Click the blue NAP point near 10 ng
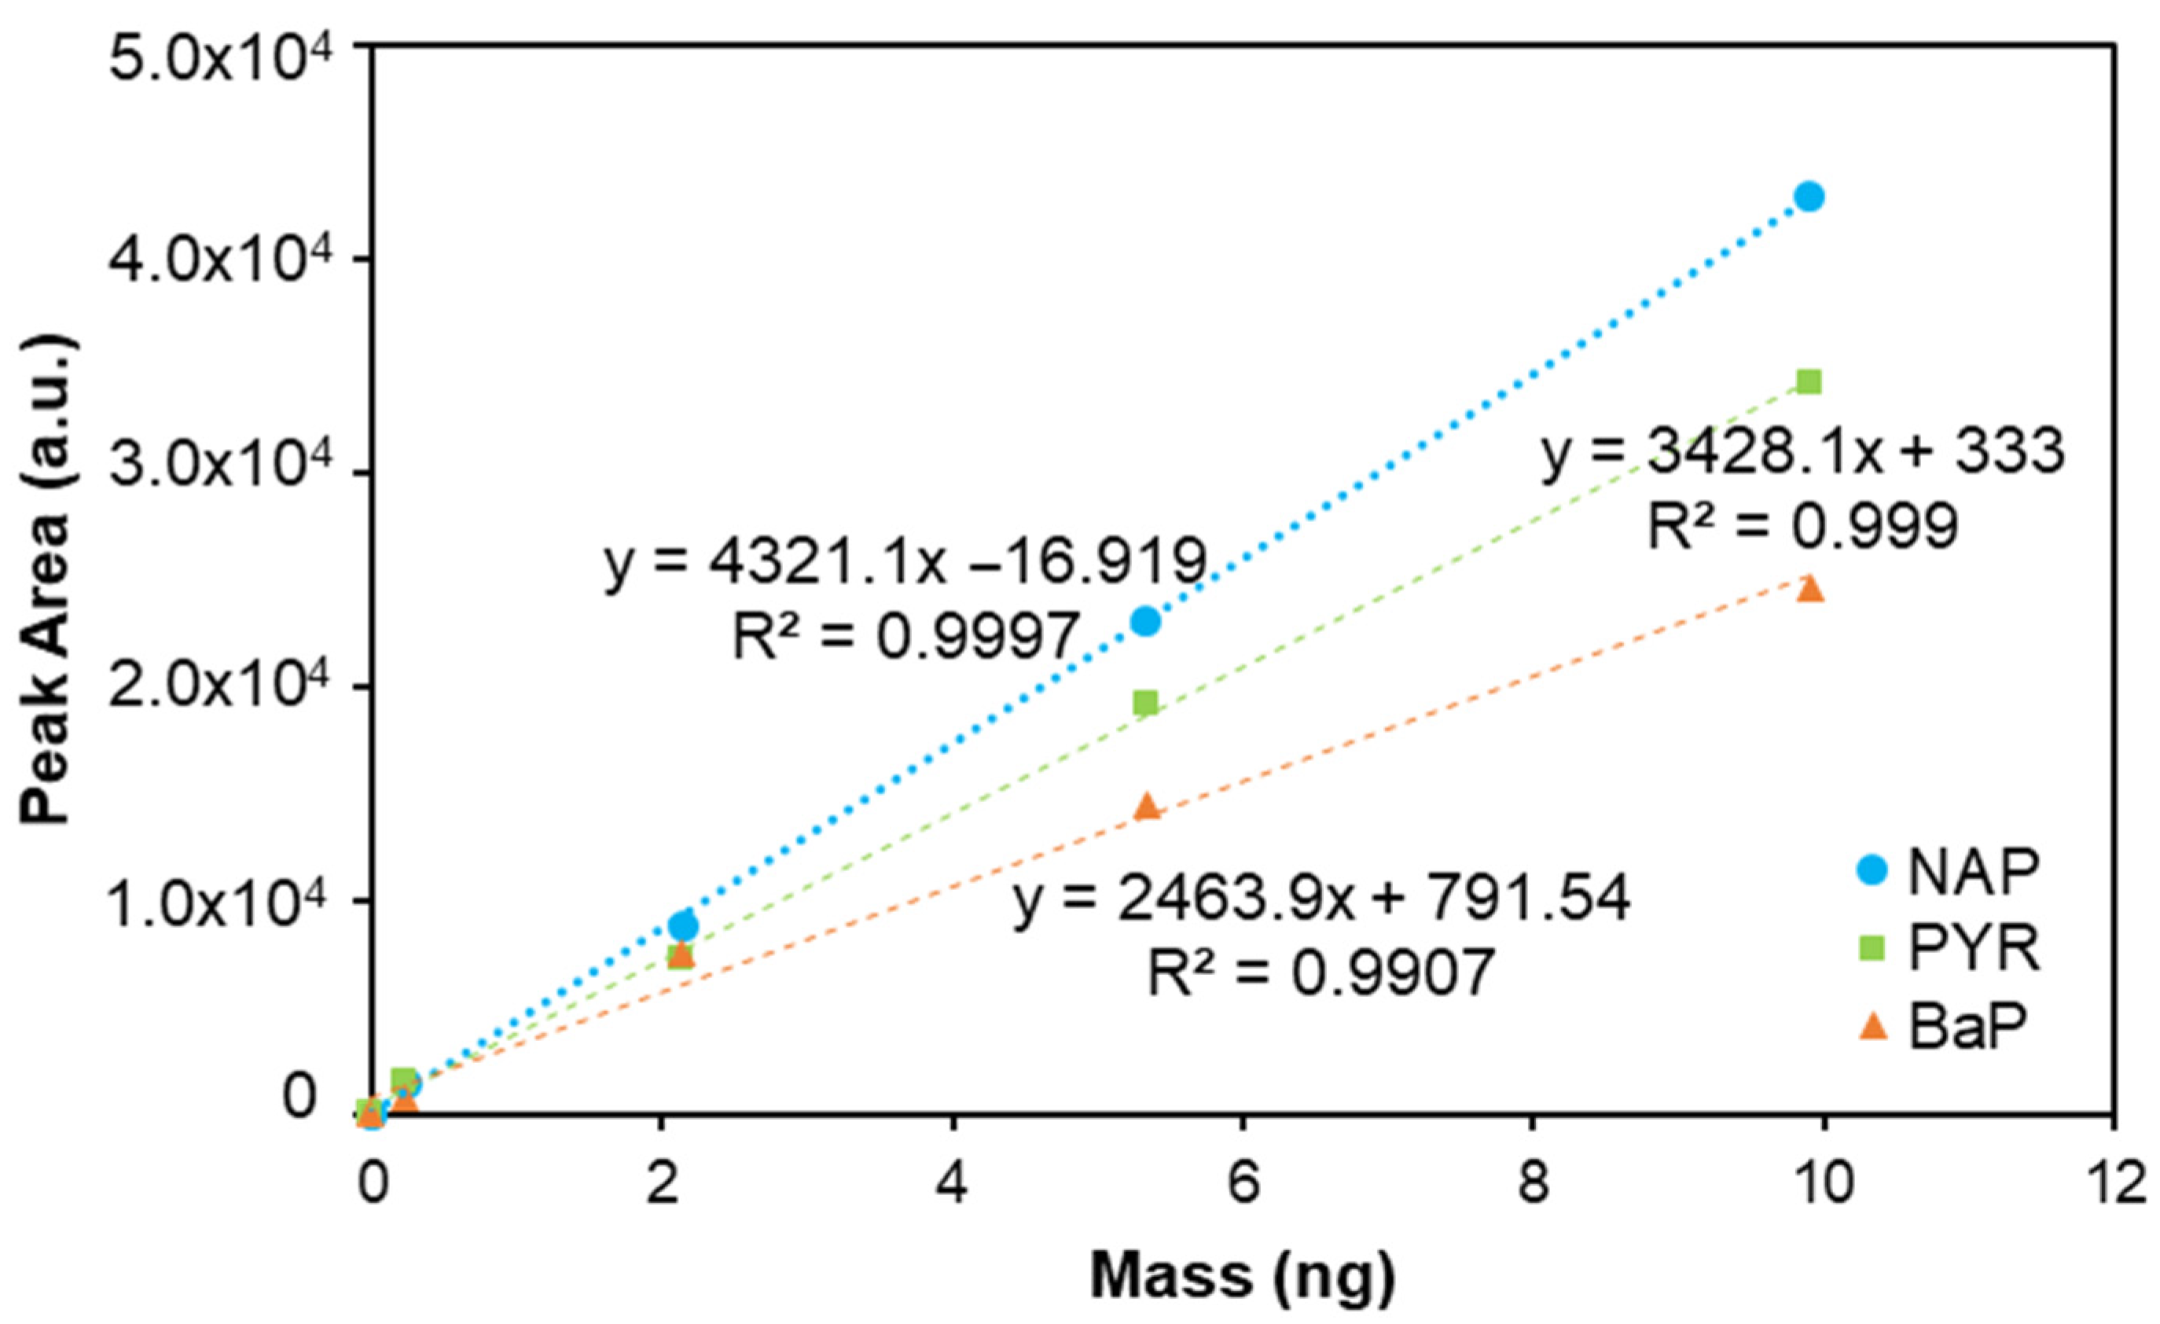tap(1809, 197)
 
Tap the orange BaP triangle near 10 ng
tap(1809, 588)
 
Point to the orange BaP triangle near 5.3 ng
tap(1147, 806)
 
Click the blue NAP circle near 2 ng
tap(683, 926)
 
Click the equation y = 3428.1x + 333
tap(1803, 454)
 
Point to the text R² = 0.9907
tap(1321, 973)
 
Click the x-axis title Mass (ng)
tap(1242, 1276)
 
